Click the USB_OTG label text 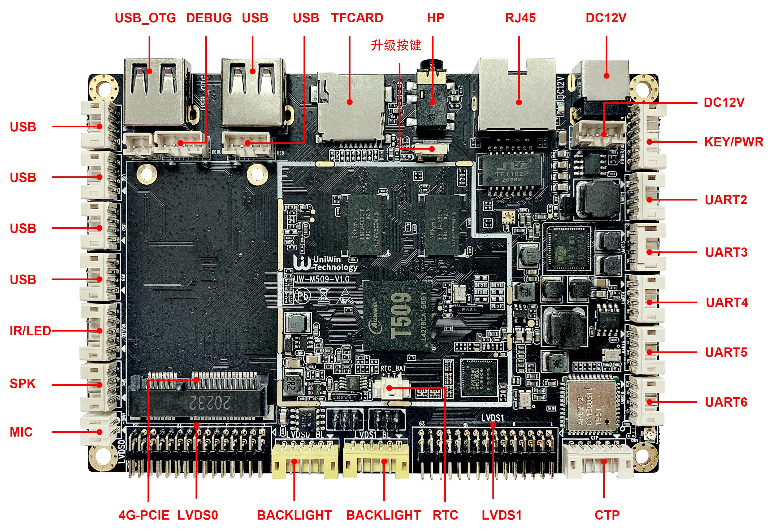click(145, 18)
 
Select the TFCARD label click(357, 18)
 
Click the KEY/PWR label click(733, 142)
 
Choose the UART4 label click(727, 302)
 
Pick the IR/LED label click(30, 331)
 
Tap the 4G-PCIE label click(144, 515)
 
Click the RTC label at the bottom click(445, 515)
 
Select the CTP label click(607, 515)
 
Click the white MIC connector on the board click(98, 429)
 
